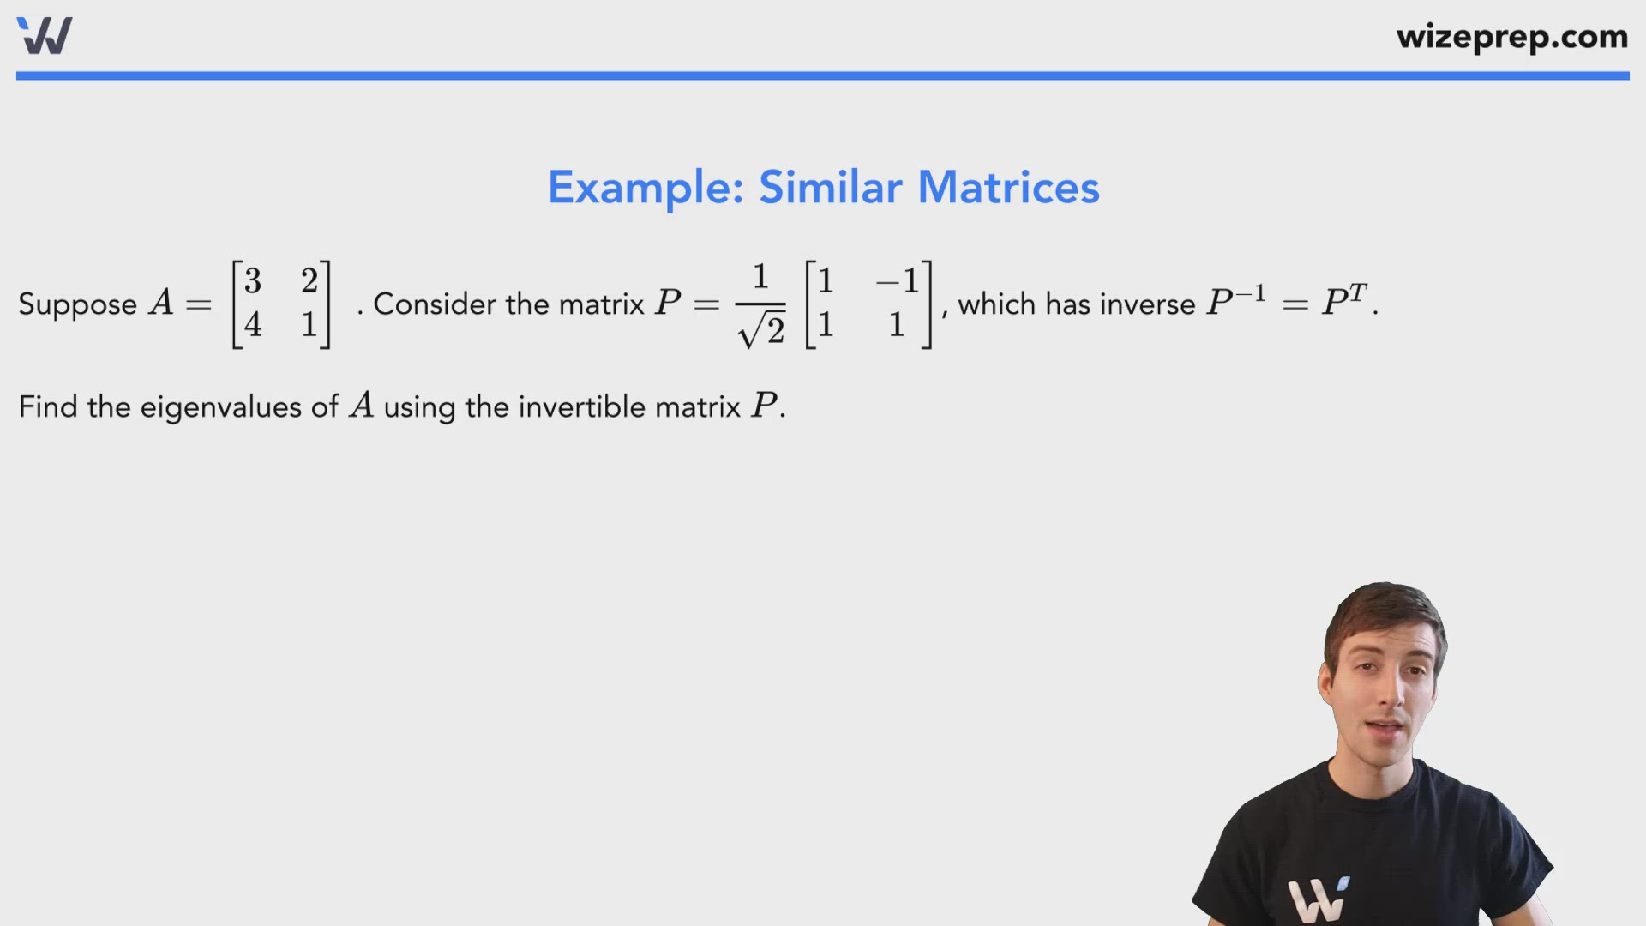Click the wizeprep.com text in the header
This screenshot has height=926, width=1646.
(x=1511, y=37)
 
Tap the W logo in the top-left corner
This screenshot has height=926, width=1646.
(x=45, y=36)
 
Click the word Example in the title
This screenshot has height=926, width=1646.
(x=646, y=188)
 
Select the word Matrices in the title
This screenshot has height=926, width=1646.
(x=1008, y=188)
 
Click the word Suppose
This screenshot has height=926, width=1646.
(x=77, y=304)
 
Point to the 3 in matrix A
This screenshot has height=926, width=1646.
(x=253, y=280)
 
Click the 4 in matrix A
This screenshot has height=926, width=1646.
(x=253, y=324)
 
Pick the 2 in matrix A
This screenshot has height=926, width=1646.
(x=309, y=280)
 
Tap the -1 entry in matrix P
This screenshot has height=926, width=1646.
(x=898, y=280)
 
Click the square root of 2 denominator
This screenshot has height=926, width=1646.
(x=762, y=330)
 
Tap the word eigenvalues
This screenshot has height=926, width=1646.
(x=222, y=407)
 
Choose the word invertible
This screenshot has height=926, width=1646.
(x=581, y=406)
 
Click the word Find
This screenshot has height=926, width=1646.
(x=48, y=406)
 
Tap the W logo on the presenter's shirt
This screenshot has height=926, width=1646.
(x=1319, y=899)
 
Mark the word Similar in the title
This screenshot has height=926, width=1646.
(x=830, y=188)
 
